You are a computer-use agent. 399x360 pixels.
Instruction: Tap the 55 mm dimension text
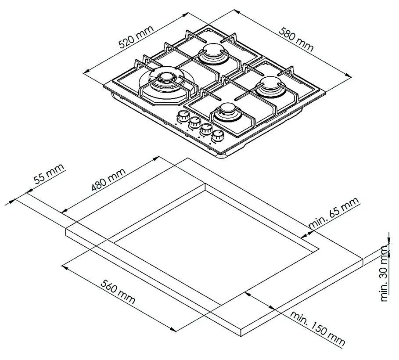pyautogui.click(x=49, y=175)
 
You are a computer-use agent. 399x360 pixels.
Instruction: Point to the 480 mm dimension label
pyautogui.click(x=108, y=180)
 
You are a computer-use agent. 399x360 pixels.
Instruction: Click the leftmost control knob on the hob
pyautogui.click(x=182, y=117)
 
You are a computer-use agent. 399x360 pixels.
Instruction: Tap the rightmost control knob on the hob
pyautogui.click(x=216, y=136)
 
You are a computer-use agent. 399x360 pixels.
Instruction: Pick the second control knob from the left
pyautogui.click(x=194, y=123)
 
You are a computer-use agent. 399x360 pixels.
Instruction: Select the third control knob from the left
pyautogui.click(x=205, y=130)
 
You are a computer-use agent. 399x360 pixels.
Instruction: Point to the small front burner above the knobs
pyautogui.click(x=228, y=111)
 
